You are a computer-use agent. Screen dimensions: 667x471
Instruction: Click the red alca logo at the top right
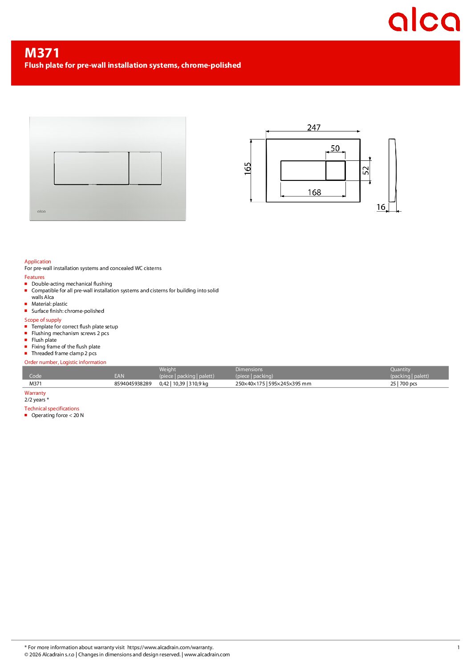click(423, 20)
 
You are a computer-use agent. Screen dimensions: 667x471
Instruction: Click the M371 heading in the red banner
click(42, 53)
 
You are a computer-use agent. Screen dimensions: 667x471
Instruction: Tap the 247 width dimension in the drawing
click(313, 127)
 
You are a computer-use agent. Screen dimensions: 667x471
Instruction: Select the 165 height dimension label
click(248, 168)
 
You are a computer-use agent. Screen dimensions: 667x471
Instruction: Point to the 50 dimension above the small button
click(335, 148)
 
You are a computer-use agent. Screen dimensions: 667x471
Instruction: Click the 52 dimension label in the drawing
click(365, 170)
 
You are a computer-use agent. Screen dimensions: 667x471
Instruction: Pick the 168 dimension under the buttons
click(314, 192)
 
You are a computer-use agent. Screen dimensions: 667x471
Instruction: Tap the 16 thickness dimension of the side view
click(381, 207)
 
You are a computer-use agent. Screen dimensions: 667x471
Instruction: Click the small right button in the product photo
click(146, 168)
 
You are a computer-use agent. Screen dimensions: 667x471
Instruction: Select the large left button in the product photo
click(91, 168)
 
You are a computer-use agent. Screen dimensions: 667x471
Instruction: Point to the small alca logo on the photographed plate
click(41, 211)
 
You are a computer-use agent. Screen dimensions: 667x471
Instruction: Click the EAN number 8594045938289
click(133, 384)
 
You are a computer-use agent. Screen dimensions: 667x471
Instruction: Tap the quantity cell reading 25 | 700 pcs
click(403, 384)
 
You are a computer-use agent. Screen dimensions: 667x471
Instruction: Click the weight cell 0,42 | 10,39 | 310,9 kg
click(183, 384)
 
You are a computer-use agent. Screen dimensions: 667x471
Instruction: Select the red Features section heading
click(34, 277)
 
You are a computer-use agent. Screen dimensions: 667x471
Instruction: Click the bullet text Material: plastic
click(49, 304)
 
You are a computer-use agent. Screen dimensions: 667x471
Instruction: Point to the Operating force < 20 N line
click(57, 415)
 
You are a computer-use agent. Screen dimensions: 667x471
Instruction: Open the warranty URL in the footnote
click(170, 647)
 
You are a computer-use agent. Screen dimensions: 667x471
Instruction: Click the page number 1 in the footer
click(458, 647)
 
